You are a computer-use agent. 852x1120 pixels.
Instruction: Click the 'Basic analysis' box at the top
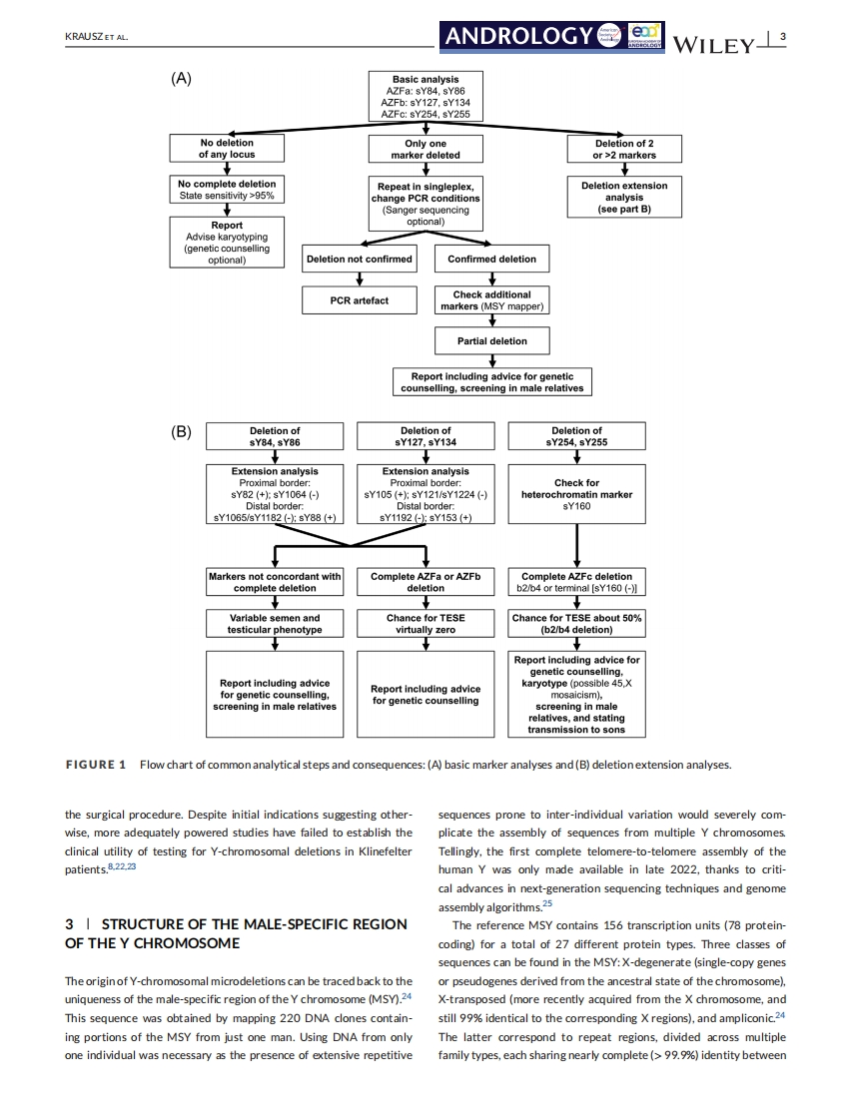tap(426, 96)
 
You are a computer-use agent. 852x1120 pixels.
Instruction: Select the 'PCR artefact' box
tap(360, 300)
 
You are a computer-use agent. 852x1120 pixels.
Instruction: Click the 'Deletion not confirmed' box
tap(360, 260)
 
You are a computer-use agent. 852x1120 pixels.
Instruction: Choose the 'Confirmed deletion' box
tap(491, 260)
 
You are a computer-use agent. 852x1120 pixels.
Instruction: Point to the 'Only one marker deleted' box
tap(426, 149)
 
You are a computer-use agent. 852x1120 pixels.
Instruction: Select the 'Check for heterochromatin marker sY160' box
tap(577, 494)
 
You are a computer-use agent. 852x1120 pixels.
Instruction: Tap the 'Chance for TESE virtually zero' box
tap(426, 624)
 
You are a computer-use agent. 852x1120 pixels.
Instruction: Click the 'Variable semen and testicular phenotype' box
tap(275, 624)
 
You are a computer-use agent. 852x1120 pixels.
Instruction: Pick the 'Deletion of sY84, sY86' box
tap(275, 436)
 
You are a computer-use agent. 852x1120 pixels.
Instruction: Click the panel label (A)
tap(181, 79)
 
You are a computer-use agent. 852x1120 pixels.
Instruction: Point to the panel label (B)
tap(181, 432)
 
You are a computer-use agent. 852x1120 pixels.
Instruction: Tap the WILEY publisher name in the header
tap(717, 44)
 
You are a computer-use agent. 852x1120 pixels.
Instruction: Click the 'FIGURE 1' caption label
tap(95, 765)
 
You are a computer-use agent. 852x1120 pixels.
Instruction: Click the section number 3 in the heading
tap(69, 923)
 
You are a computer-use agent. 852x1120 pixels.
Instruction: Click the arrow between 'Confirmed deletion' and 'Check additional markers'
tap(491, 279)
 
